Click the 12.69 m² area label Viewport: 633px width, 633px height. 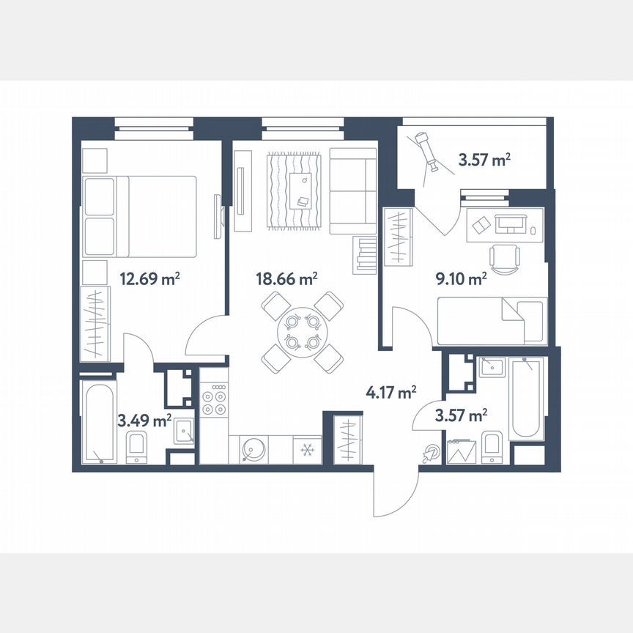[149, 278]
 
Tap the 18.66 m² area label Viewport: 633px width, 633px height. [286, 278]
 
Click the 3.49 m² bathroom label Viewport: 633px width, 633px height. [144, 420]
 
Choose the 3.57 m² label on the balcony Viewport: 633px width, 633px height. [484, 158]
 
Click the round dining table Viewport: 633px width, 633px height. [303, 331]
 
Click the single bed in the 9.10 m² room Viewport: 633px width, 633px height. [492, 319]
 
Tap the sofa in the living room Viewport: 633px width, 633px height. [352, 190]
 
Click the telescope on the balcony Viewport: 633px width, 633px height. [426, 150]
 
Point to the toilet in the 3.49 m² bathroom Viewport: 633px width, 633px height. [136, 448]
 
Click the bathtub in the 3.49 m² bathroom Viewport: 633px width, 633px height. [97, 423]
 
